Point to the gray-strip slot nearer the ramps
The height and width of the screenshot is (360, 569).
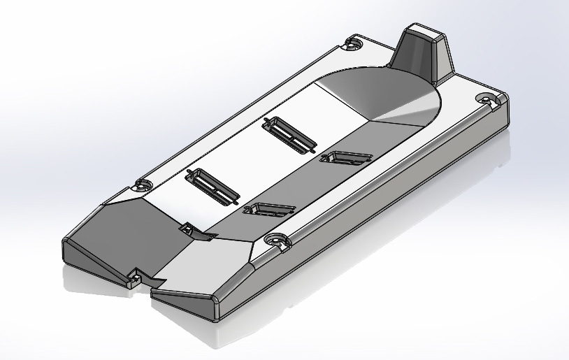click(268, 209)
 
